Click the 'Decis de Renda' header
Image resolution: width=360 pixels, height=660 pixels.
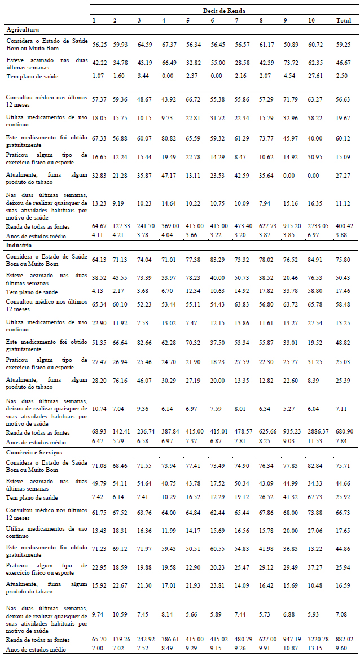click(224, 11)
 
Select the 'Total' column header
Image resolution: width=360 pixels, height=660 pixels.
click(344, 20)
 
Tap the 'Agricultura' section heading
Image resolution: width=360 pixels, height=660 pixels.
click(23, 30)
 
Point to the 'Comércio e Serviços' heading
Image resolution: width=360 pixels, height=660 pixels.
click(34, 452)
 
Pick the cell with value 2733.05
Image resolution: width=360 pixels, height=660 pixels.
click(317, 226)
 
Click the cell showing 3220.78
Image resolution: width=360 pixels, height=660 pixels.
click(317, 640)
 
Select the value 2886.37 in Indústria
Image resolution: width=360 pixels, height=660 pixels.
click(317, 432)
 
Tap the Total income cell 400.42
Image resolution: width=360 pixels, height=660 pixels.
click(345, 226)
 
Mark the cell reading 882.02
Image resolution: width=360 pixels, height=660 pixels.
click(345, 640)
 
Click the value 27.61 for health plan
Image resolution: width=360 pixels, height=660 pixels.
click(315, 76)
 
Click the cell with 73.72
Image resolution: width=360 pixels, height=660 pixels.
click(291, 63)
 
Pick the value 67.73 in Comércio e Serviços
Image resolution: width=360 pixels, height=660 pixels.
click(315, 498)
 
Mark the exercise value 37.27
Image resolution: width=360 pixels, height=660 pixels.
click(315, 565)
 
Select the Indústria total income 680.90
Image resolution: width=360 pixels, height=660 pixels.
click(345, 432)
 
